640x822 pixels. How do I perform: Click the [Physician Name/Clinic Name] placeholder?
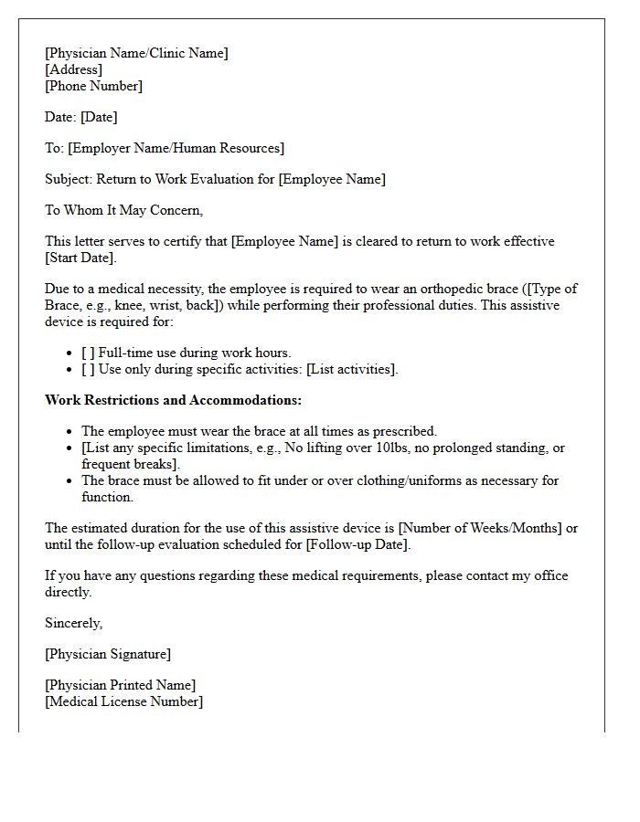[136, 53]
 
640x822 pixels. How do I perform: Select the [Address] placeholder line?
[73, 69]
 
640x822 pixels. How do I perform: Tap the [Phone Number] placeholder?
[93, 86]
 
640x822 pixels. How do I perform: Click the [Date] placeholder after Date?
[99, 117]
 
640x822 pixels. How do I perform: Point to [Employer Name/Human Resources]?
[176, 148]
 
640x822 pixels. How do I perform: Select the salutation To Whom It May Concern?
[123, 210]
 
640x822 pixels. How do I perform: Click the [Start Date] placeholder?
[80, 258]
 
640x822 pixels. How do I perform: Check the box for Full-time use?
[88, 353]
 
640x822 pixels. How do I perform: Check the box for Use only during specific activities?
[88, 369]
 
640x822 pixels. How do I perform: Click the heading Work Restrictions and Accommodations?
[173, 400]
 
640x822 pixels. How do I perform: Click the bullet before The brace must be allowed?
[71, 480]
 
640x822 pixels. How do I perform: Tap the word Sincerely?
[73, 623]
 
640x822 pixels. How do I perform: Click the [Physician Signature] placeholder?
[107, 654]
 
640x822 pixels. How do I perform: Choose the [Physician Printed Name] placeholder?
[120, 685]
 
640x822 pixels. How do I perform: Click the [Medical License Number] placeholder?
[123, 701]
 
